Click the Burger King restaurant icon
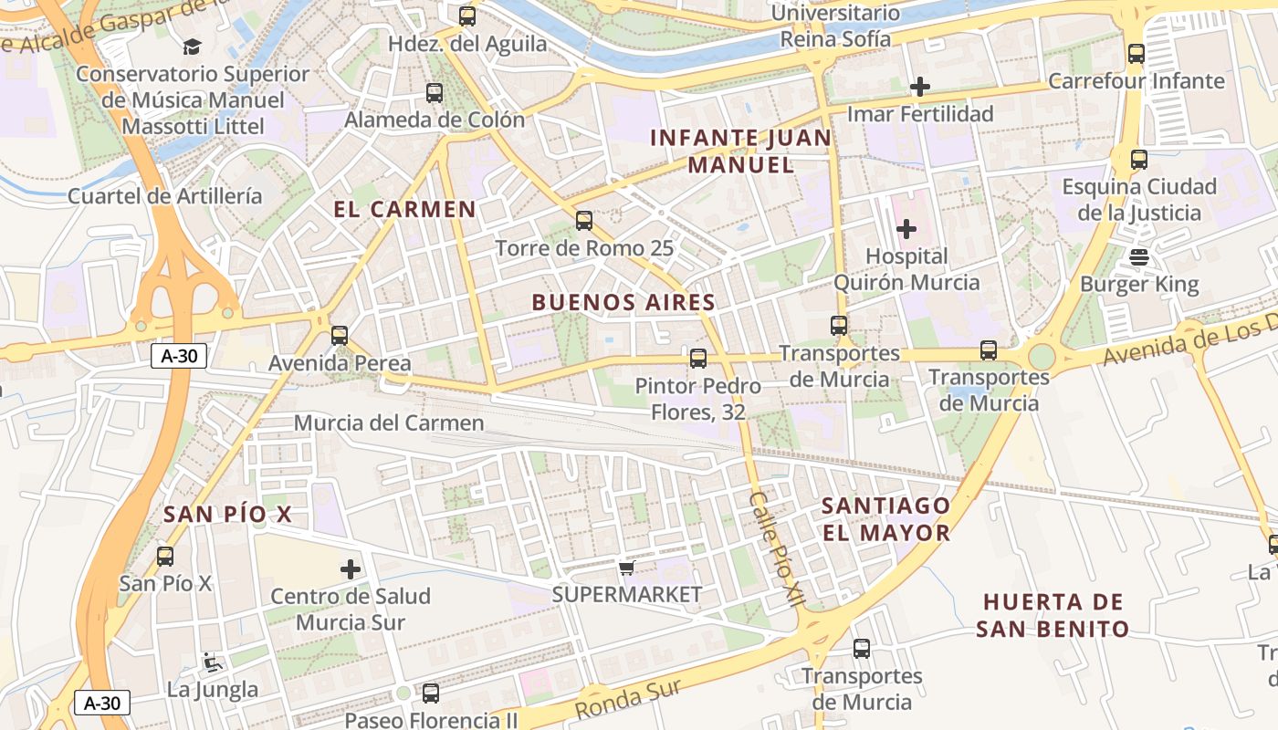point(1138,257)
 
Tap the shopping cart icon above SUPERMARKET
point(626,568)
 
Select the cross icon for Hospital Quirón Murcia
point(906,228)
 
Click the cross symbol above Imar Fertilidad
point(920,87)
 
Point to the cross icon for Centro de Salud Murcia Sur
point(351,569)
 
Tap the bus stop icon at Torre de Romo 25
point(584,221)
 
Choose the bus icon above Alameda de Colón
point(435,92)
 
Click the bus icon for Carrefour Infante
point(1137,54)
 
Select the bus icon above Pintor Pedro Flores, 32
point(698,359)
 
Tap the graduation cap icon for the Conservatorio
point(192,47)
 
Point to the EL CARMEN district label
point(404,209)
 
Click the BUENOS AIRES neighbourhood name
point(623,302)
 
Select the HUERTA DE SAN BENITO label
point(1053,615)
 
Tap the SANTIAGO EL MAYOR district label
point(885,518)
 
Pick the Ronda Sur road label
point(628,700)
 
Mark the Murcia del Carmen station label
point(389,422)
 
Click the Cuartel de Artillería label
point(164,195)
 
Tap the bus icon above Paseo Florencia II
point(431,693)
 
